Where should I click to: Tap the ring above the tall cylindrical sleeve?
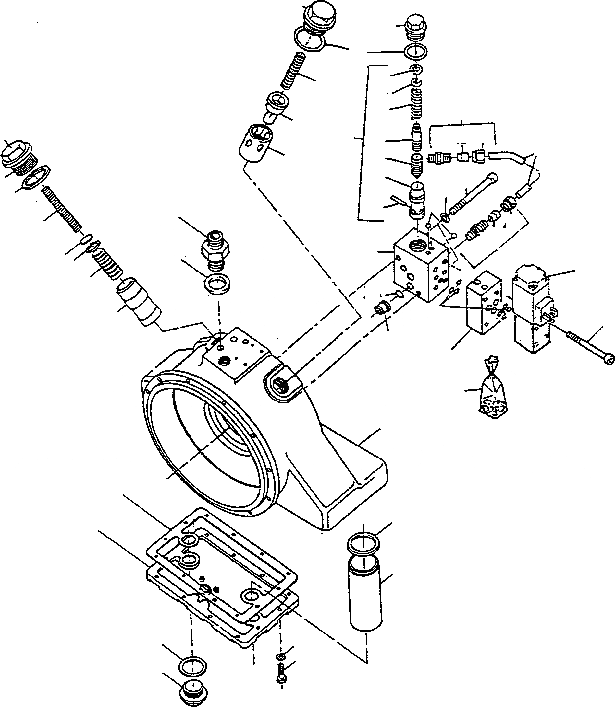364,543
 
